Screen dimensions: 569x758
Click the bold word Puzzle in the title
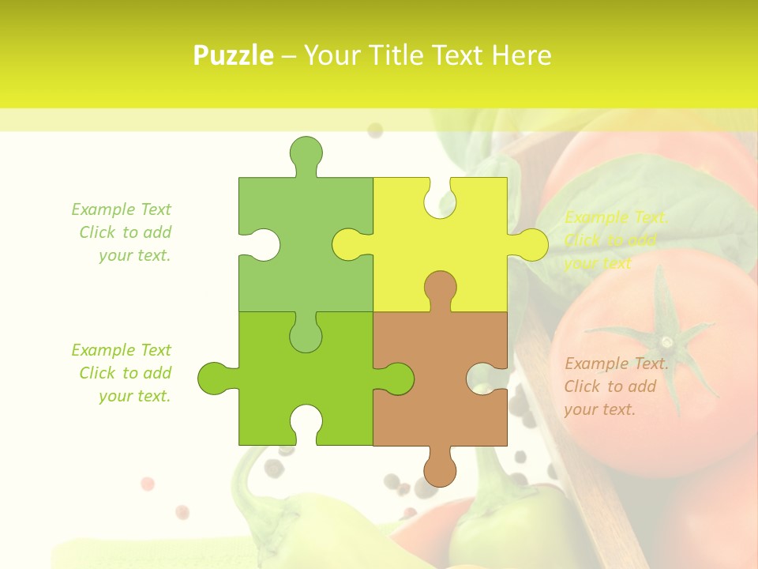click(234, 55)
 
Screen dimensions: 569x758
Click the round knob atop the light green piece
click(306, 153)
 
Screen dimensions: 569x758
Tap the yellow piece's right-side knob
click(531, 245)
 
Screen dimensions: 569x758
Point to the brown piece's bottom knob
click(440, 468)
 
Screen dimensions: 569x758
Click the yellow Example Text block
click(616, 240)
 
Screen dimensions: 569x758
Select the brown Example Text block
click(616, 386)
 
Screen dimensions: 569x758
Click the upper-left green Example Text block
click(122, 232)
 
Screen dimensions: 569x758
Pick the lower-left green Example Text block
click(122, 373)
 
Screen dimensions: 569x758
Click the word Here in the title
click(521, 55)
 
